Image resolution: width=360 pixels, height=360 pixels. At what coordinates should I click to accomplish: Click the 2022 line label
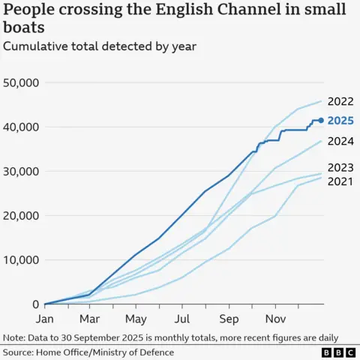click(x=340, y=102)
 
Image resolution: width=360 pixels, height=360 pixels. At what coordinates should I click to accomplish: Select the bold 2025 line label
click(x=340, y=120)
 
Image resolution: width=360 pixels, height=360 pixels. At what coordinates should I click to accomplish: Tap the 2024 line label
click(x=340, y=139)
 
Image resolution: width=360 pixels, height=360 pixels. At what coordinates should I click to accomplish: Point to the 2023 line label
click(x=340, y=167)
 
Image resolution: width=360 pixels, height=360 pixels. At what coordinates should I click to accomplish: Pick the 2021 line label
click(x=340, y=181)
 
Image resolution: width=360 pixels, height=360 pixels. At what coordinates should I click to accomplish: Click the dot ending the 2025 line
click(x=322, y=120)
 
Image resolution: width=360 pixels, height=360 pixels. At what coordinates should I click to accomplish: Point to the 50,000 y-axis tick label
click(x=21, y=82)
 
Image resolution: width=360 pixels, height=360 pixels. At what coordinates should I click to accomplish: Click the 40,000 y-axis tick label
click(x=21, y=127)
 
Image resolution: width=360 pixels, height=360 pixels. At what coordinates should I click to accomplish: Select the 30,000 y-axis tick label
click(x=21, y=171)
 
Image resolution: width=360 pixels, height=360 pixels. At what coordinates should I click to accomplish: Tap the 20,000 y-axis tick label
click(x=21, y=215)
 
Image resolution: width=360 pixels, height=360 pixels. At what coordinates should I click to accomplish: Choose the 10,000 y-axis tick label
click(x=21, y=259)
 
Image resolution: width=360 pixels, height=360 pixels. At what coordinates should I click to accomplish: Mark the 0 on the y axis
click(x=35, y=304)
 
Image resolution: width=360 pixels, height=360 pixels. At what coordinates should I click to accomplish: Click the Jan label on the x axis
click(x=45, y=318)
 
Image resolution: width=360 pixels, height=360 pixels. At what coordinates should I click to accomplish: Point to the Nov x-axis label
click(x=275, y=318)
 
